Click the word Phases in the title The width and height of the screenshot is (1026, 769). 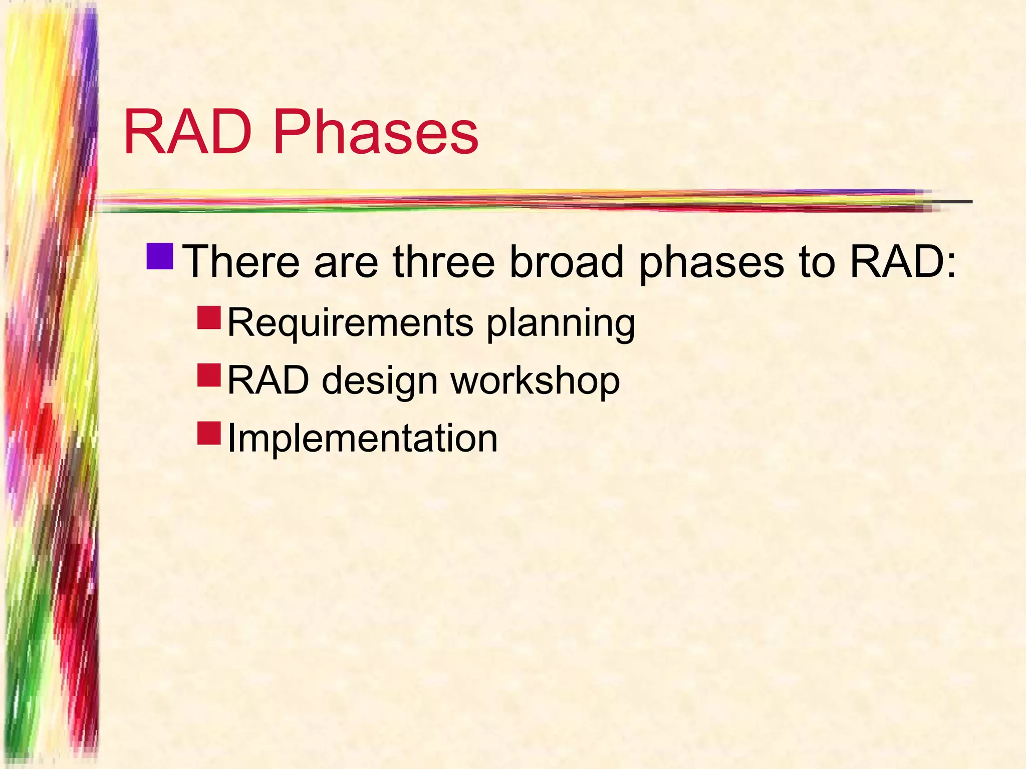tap(376, 133)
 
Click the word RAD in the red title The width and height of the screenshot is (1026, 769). tap(187, 133)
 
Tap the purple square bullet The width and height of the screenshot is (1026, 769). tap(160, 256)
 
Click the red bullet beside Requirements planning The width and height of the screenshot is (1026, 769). tap(209, 318)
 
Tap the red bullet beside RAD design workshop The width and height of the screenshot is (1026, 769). tap(209, 375)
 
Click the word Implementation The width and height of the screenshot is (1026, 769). tap(362, 439)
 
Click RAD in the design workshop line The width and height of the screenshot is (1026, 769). tap(269, 380)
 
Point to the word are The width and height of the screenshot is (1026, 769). tap(346, 262)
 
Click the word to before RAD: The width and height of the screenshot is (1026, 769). tap(817, 262)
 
